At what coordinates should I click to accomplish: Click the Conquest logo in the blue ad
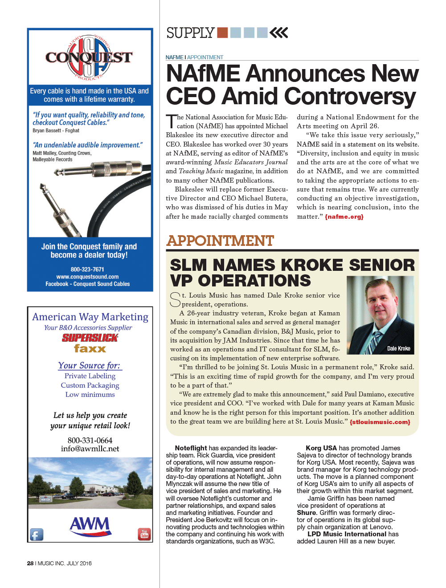89,57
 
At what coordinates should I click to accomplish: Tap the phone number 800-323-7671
87,269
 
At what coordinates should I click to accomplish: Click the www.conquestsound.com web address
87,277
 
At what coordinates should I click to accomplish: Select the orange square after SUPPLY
222,33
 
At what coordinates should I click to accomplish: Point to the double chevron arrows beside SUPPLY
279,33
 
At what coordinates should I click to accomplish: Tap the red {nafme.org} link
344,217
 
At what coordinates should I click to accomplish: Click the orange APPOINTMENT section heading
220,241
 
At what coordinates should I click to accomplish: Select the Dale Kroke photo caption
398,348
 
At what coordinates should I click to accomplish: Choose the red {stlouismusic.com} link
380,422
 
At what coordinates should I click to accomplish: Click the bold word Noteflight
191,448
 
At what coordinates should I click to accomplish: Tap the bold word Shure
307,513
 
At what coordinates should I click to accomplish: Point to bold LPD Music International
347,534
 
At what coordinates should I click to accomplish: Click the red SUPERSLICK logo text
90,338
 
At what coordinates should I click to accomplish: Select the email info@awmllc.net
90,449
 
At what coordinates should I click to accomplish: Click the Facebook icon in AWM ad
37,534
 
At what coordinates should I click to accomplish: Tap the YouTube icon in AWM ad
144,534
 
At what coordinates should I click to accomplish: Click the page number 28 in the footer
30,563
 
